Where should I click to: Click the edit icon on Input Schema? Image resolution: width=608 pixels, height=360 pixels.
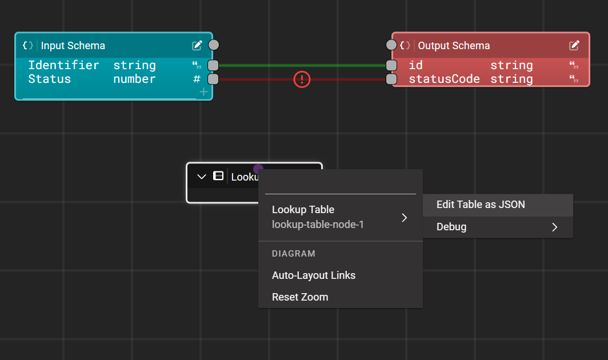click(197, 45)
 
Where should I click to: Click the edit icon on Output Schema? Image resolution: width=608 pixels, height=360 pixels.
click(574, 45)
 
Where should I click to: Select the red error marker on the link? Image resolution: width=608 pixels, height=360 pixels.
click(302, 79)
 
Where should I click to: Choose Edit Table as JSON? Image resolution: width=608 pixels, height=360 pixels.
click(481, 205)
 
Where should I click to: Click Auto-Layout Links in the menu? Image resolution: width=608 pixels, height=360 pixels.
click(314, 275)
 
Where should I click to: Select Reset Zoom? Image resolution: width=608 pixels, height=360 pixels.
click(300, 297)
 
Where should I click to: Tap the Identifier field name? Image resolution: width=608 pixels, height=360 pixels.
click(63, 65)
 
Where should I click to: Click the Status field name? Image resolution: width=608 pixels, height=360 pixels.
click(49, 79)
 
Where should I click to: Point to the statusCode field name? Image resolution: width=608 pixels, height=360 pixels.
click(444, 79)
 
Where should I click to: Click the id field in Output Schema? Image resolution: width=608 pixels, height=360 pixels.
click(415, 65)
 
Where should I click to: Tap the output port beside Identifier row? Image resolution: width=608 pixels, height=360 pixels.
click(213, 65)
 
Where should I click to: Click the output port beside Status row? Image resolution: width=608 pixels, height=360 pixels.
click(213, 79)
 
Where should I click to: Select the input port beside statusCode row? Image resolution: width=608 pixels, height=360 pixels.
click(391, 79)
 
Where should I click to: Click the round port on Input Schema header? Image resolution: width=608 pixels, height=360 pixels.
click(214, 45)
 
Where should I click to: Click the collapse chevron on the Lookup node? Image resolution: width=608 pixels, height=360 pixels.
click(201, 177)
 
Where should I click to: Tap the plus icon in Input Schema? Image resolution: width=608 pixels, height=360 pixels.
click(203, 92)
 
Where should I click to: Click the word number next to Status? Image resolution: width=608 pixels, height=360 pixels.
click(134, 79)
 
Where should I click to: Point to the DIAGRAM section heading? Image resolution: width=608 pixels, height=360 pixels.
click(294, 254)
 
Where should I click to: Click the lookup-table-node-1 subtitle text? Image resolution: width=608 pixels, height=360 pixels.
click(318, 225)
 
